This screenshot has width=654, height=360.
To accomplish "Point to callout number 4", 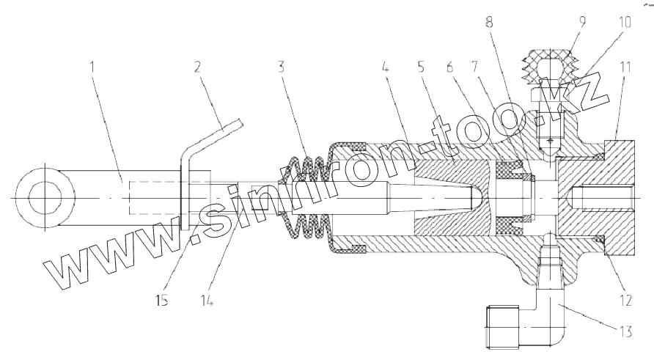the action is [x=385, y=67].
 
